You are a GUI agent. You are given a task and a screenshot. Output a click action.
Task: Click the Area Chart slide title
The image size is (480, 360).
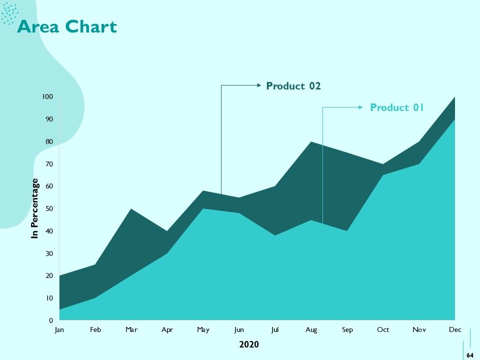coord(67,26)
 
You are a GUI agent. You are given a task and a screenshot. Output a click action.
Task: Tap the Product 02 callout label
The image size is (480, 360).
coord(293,86)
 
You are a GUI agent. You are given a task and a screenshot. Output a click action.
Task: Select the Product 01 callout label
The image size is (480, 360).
coord(396,107)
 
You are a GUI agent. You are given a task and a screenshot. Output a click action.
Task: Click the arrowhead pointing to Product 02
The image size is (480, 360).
coord(259,85)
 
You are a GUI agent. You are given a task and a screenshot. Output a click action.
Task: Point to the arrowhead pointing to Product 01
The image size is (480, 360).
coord(360,107)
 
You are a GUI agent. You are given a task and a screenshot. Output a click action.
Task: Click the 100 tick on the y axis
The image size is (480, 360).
coord(47,96)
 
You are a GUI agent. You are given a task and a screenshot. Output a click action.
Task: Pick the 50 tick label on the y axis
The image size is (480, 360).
coord(49,209)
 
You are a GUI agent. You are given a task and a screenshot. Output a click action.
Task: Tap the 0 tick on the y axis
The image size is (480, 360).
coord(51,320)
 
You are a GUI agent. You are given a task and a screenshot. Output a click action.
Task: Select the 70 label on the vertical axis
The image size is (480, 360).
coord(49,164)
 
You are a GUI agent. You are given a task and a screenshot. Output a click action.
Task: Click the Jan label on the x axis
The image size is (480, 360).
coord(59,329)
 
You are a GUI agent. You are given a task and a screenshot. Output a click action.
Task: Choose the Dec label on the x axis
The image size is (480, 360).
coord(455,329)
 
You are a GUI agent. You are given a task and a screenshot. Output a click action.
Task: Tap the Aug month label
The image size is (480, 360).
coord(311,330)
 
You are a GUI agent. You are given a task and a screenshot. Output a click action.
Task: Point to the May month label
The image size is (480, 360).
coord(203,330)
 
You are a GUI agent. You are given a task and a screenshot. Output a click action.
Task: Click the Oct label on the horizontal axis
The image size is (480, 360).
coord(383,329)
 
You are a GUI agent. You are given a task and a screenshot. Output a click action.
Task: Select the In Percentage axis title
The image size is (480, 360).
coord(35,208)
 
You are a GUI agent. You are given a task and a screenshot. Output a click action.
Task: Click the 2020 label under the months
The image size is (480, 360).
coord(249,344)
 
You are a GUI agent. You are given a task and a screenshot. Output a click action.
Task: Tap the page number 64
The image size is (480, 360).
coord(470,355)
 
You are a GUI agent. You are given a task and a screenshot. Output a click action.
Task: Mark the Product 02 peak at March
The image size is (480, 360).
coord(131,209)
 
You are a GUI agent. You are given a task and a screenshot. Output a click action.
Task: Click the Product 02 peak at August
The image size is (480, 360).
coord(311,141)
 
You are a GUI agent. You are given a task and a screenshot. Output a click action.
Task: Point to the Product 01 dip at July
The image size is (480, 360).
coord(275,235)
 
